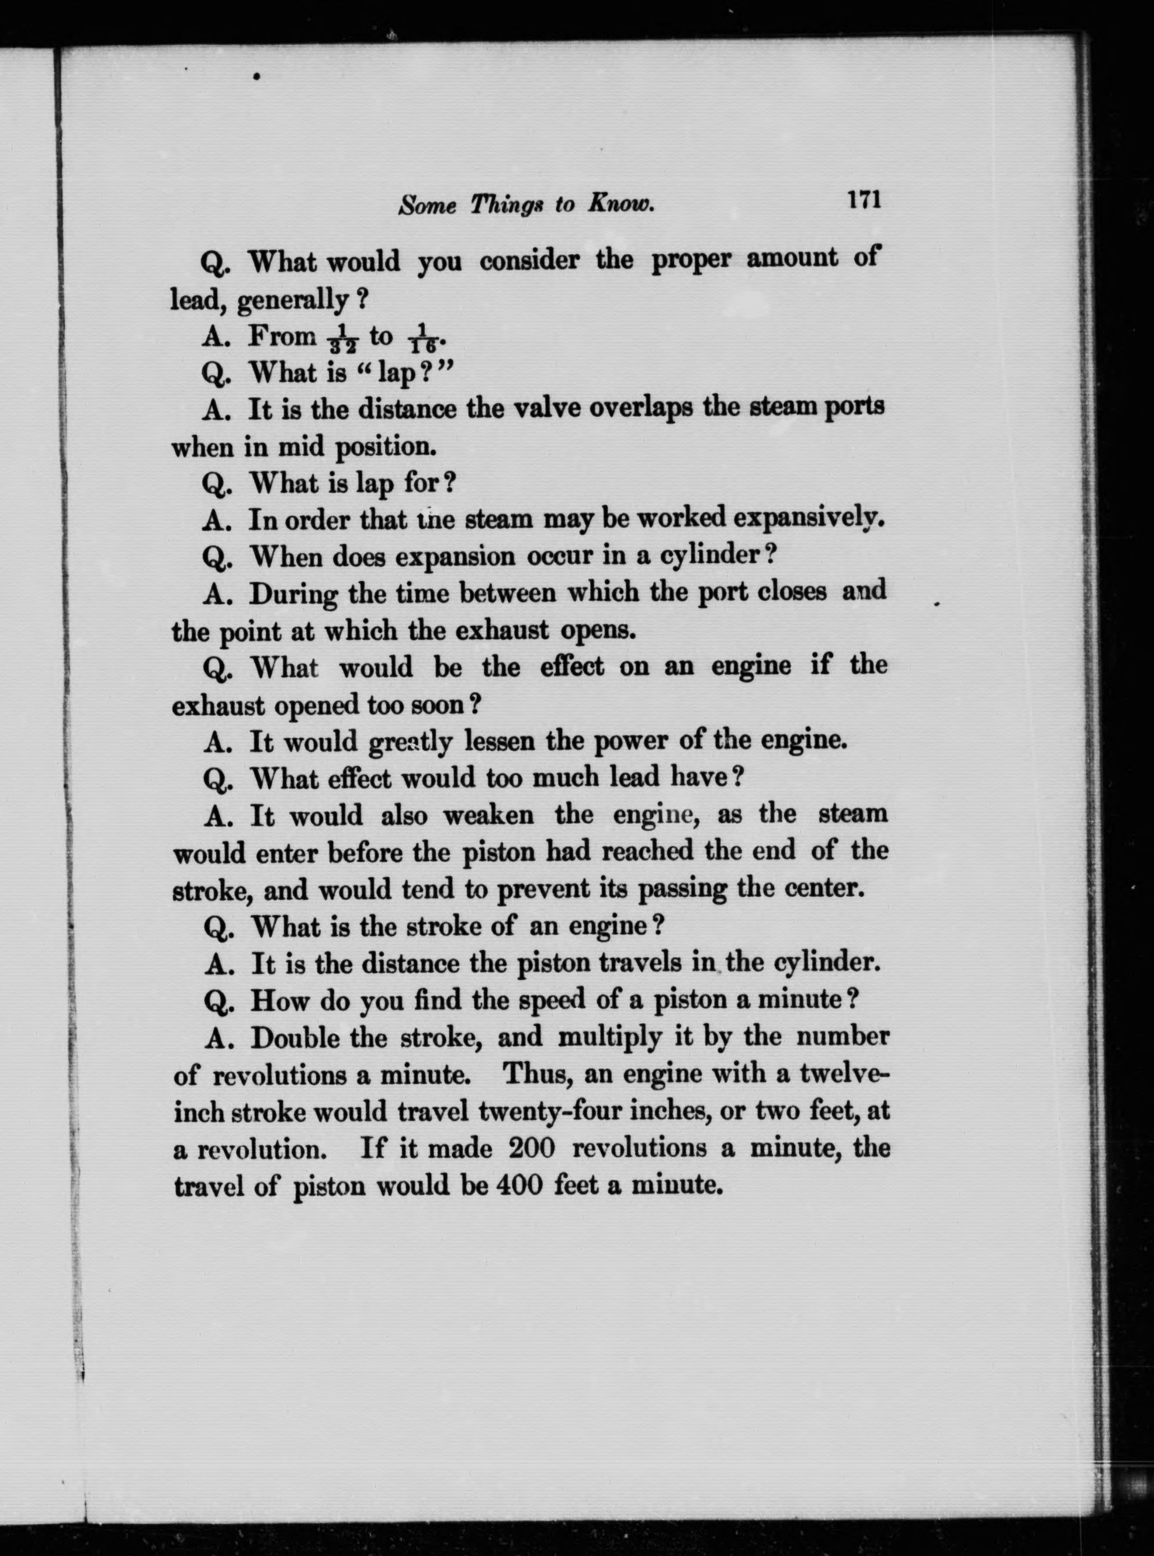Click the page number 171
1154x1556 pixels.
(x=864, y=200)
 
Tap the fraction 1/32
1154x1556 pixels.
(x=342, y=340)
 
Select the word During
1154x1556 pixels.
(x=294, y=595)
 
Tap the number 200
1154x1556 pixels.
(x=532, y=1149)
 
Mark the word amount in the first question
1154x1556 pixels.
(x=792, y=259)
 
